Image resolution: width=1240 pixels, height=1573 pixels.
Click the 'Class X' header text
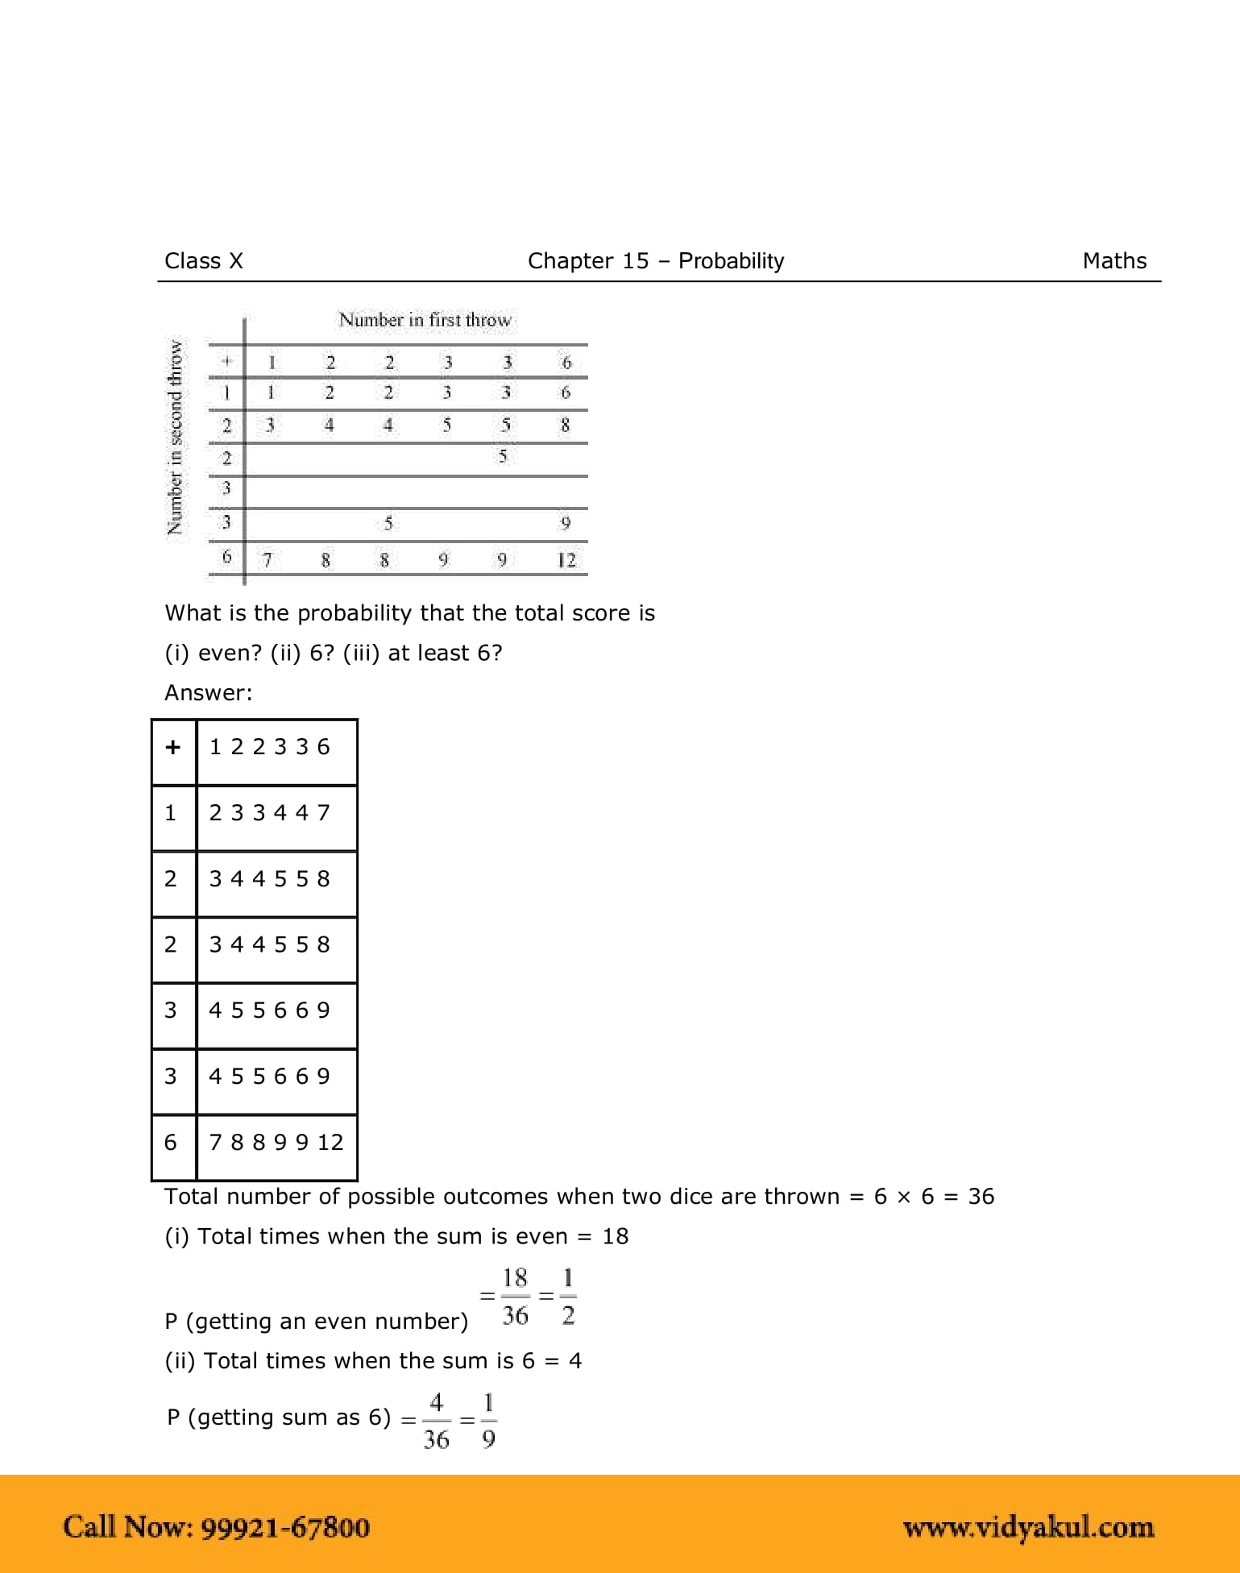click(203, 261)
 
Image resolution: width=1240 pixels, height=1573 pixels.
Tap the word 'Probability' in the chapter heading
click(731, 261)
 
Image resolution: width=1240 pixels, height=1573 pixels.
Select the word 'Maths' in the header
click(1114, 261)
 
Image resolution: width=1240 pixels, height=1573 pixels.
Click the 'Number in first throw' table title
click(425, 320)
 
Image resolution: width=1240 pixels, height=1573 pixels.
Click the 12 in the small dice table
click(566, 559)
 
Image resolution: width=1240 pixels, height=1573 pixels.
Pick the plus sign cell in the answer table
click(172, 748)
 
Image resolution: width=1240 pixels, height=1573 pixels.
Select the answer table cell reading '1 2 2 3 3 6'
click(270, 748)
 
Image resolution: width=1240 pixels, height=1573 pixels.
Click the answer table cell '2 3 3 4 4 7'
click(270, 813)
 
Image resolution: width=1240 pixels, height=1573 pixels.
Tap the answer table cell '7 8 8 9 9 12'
click(276, 1143)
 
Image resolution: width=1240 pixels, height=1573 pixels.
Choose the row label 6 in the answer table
click(171, 1143)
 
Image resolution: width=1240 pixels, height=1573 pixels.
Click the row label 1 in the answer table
click(171, 813)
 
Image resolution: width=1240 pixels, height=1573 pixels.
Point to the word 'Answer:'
click(209, 693)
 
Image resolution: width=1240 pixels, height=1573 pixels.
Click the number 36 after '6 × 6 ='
click(981, 1197)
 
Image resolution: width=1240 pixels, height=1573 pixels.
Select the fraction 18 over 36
click(515, 1297)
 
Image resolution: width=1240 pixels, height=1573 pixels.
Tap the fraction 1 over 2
click(568, 1297)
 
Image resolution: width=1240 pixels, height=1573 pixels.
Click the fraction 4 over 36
click(436, 1421)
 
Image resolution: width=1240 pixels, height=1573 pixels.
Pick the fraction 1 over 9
click(488, 1421)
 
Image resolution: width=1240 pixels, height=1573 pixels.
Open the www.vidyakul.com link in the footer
click(1028, 1527)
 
